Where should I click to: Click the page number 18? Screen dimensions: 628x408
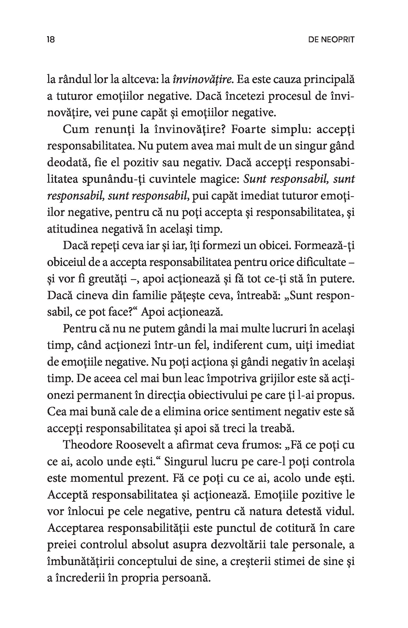coord(51,40)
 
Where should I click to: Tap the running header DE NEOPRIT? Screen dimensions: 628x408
coord(331,40)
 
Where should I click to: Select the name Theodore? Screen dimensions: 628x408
coord(87,445)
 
